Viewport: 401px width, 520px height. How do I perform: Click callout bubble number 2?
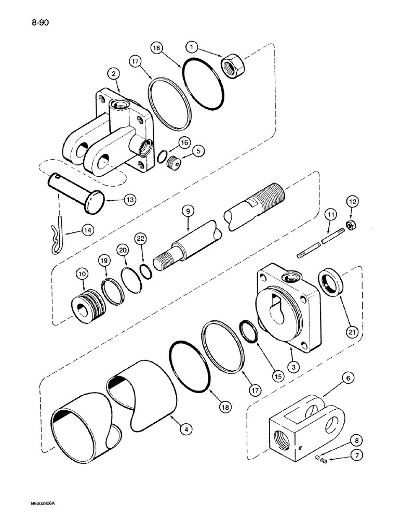(x=112, y=74)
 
